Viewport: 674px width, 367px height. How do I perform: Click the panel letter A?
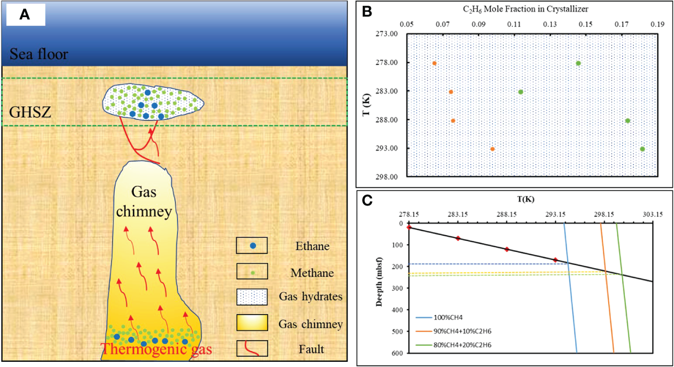coord(24,16)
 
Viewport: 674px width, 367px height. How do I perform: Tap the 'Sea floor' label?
coord(39,53)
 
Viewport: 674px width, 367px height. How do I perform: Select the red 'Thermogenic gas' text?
coord(156,349)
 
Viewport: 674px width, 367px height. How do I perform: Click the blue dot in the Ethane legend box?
coord(252,246)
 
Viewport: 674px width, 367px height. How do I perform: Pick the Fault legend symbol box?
coord(252,348)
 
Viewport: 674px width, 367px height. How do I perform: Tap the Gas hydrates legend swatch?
coord(252,297)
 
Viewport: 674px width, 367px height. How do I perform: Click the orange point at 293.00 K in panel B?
coord(492,149)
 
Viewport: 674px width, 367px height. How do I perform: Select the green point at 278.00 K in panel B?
coord(578,63)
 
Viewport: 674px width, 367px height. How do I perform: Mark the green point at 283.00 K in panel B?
coord(520,92)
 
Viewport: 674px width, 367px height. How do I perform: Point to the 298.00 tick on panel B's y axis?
coord(388,176)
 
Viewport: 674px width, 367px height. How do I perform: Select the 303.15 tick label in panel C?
coord(652,214)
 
